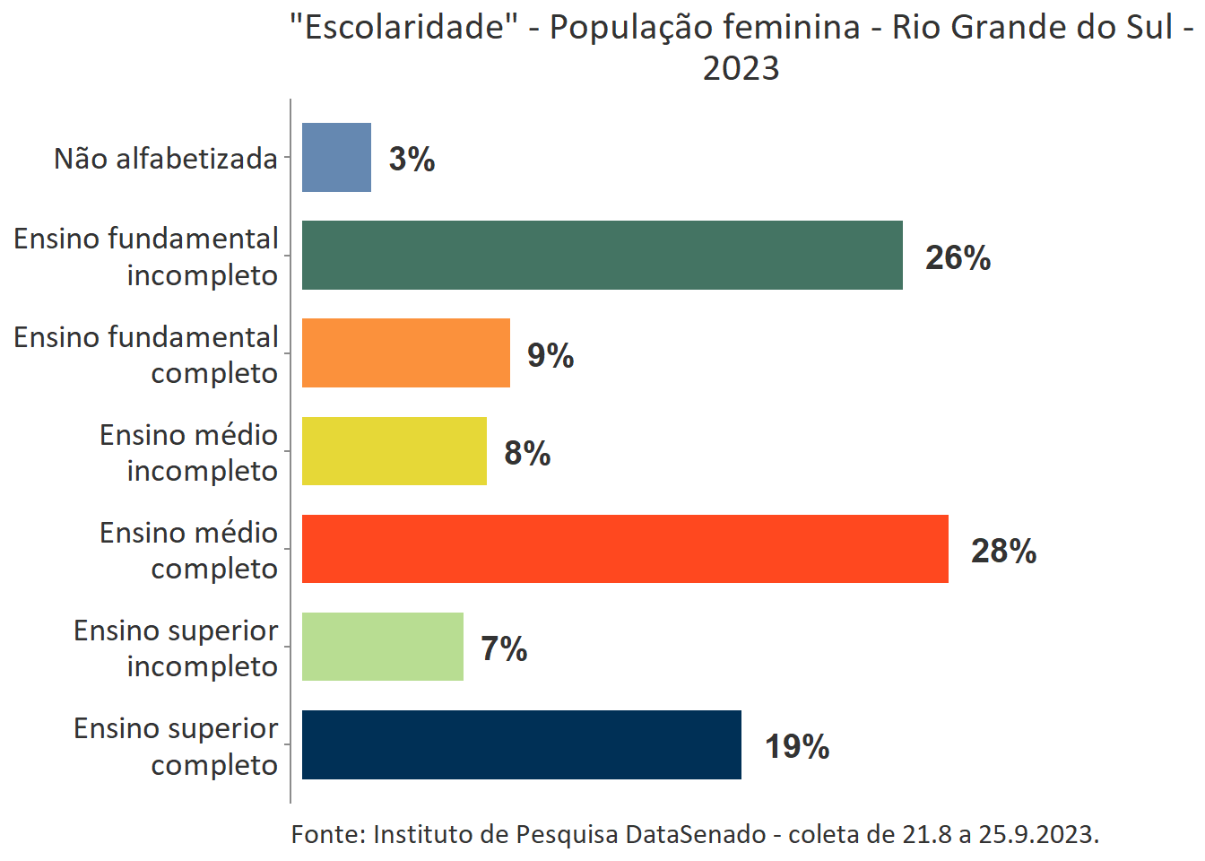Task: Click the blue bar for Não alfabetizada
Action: pos(336,158)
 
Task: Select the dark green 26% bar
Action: pos(602,256)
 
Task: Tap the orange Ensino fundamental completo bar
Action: pos(405,353)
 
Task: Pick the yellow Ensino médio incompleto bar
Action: pos(394,451)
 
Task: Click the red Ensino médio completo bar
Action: pos(625,549)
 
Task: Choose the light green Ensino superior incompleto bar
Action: pos(382,647)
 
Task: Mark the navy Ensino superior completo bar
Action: pos(521,744)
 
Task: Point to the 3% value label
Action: pos(412,160)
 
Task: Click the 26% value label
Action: pos(958,258)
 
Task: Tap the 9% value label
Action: pos(550,356)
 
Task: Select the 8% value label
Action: pos(527,454)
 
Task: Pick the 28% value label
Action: pos(1003,552)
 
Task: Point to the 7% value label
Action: pos(504,649)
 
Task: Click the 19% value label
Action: pos(796,747)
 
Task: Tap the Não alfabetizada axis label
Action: pos(166,159)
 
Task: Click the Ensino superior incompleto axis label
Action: pos(176,648)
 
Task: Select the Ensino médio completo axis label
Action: pos(188,551)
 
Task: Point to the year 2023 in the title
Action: pos(741,68)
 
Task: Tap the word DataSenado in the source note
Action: pos(695,834)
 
